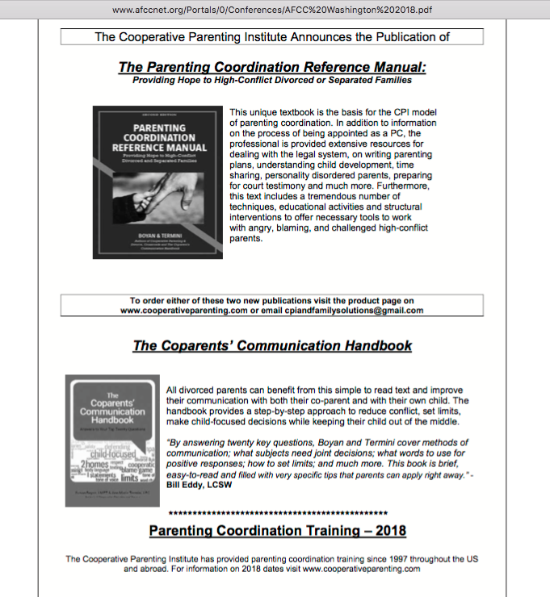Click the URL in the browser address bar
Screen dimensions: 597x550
[x=275, y=10]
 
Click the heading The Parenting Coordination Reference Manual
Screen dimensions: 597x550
[x=272, y=67]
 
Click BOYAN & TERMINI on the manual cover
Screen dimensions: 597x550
[x=156, y=234]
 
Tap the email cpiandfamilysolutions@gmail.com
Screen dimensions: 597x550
[x=348, y=311]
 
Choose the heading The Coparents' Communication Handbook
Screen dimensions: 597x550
[x=272, y=346]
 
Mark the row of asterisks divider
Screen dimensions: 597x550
[x=277, y=513]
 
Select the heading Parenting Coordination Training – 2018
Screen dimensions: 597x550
[x=277, y=531]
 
